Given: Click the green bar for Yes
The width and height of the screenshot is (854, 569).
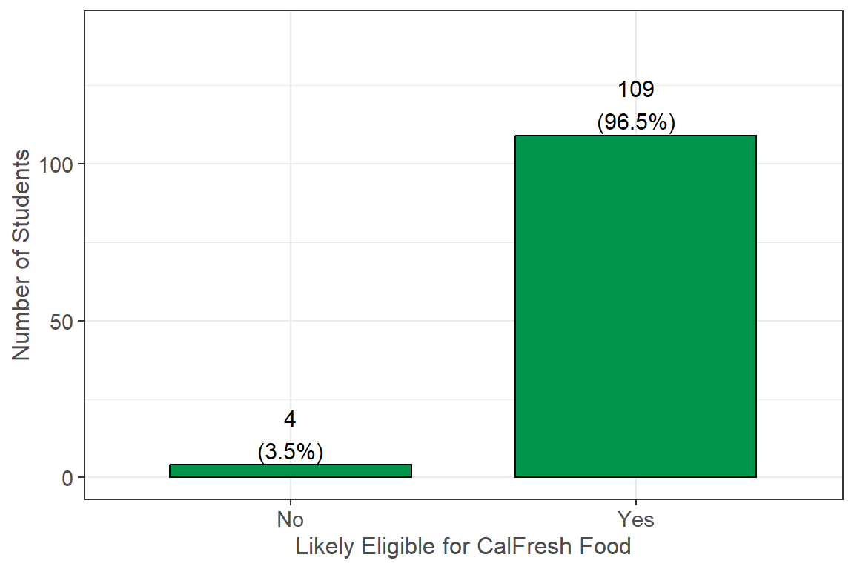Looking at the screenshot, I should pos(635,306).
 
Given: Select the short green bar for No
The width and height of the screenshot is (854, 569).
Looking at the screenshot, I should pos(290,470).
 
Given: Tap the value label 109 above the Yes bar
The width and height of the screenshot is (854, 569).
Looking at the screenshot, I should pos(635,90).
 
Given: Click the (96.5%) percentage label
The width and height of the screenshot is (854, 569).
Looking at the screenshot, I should pos(635,122).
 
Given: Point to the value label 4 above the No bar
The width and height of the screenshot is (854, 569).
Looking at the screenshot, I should pos(290,419).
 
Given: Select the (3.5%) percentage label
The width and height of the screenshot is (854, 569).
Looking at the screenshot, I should pos(290,451).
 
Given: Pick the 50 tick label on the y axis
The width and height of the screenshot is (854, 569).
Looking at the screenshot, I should pos(66,321).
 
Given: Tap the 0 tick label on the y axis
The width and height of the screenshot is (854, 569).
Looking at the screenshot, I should pos(70,477).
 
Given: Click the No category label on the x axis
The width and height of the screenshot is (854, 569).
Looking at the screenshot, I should pos(290,519).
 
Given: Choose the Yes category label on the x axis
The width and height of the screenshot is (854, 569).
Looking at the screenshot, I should pos(635,519).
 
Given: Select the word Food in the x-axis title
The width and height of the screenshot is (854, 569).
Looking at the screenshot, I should pos(609,547).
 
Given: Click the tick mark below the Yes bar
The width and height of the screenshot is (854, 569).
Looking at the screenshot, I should pos(635,502).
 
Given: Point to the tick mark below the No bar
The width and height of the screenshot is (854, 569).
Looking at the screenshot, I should pos(290,502).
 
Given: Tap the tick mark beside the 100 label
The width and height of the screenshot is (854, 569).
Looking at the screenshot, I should pos(82,164).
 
